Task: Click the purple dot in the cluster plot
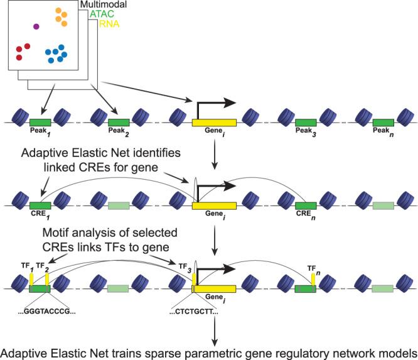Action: pos(36,26)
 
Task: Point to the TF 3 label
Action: pos(187,263)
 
